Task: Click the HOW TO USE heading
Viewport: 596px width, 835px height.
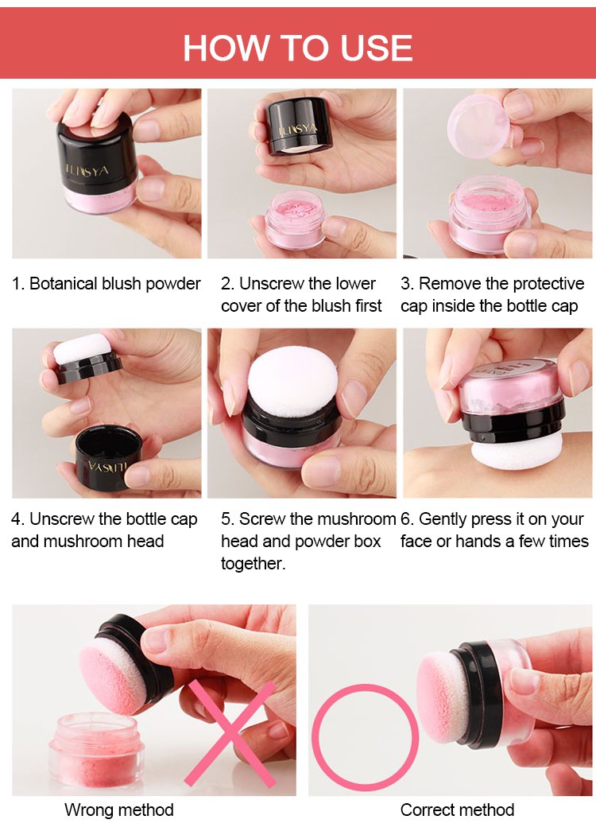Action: pyautogui.click(x=298, y=48)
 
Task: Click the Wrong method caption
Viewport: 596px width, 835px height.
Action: pyautogui.click(x=119, y=810)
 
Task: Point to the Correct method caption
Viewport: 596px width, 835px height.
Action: pyautogui.click(x=457, y=810)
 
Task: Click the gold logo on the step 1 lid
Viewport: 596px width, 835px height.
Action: pyautogui.click(x=87, y=170)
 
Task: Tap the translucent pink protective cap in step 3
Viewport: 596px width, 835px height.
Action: pyautogui.click(x=478, y=126)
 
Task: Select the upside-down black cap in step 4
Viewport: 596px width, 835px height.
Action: pyautogui.click(x=108, y=457)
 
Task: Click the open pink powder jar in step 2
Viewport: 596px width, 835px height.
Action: pyautogui.click(x=296, y=219)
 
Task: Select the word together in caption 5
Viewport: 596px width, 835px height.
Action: pyautogui.click(x=253, y=563)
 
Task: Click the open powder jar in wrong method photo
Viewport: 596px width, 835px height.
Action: pyautogui.click(x=96, y=750)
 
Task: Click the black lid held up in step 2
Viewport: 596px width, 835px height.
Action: pyautogui.click(x=300, y=126)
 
